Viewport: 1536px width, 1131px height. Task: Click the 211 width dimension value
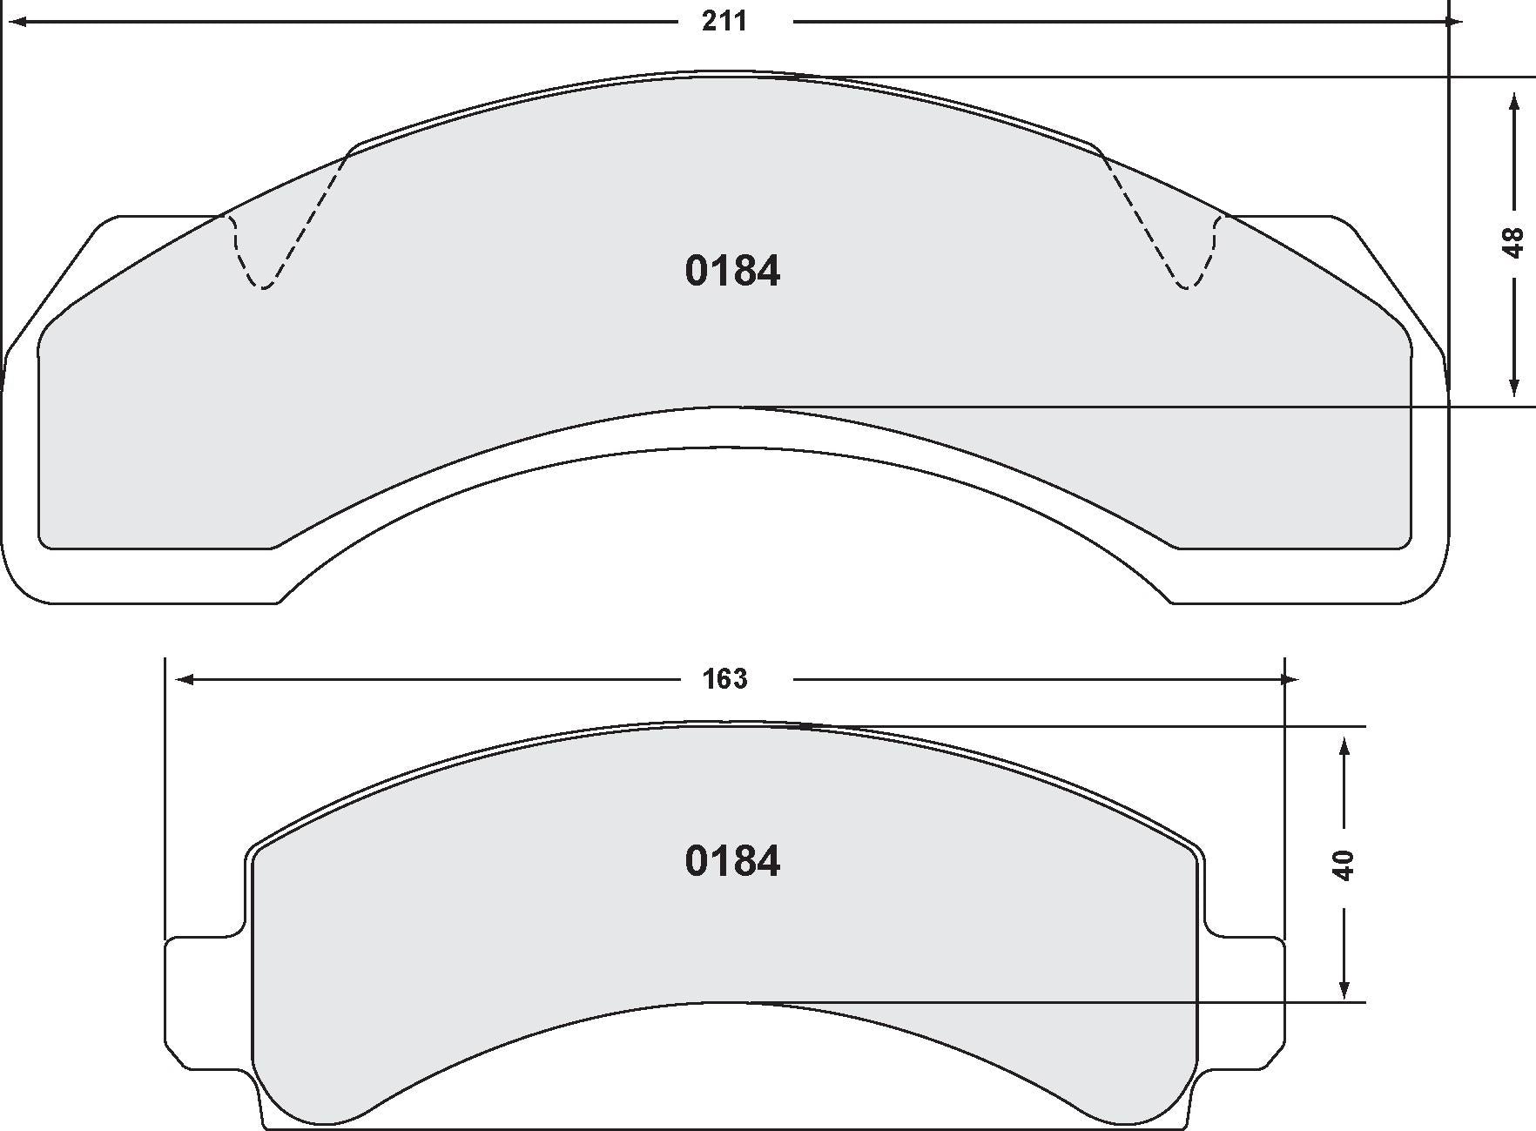pyautogui.click(x=724, y=20)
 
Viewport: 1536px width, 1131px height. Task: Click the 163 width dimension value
pyautogui.click(x=724, y=678)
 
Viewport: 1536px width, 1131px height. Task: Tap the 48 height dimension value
pyautogui.click(x=1513, y=242)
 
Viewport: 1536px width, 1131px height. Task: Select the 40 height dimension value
pyautogui.click(x=1344, y=865)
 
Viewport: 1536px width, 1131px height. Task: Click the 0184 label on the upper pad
pyautogui.click(x=732, y=271)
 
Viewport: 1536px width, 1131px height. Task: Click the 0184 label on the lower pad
pyautogui.click(x=732, y=861)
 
